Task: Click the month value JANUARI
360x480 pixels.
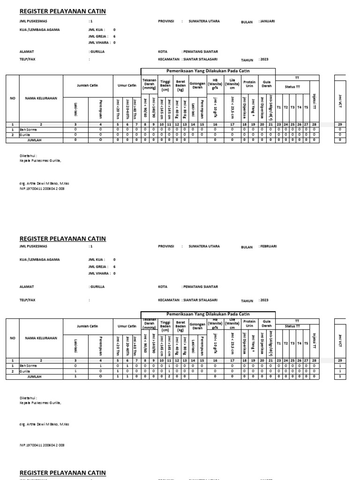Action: tap(267, 21)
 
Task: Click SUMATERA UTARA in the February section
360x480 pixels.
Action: tap(204, 246)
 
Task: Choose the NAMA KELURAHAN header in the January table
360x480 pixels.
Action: tap(41, 98)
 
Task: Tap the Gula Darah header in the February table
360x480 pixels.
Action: tap(266, 324)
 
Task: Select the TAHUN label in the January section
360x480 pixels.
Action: tap(247, 60)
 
